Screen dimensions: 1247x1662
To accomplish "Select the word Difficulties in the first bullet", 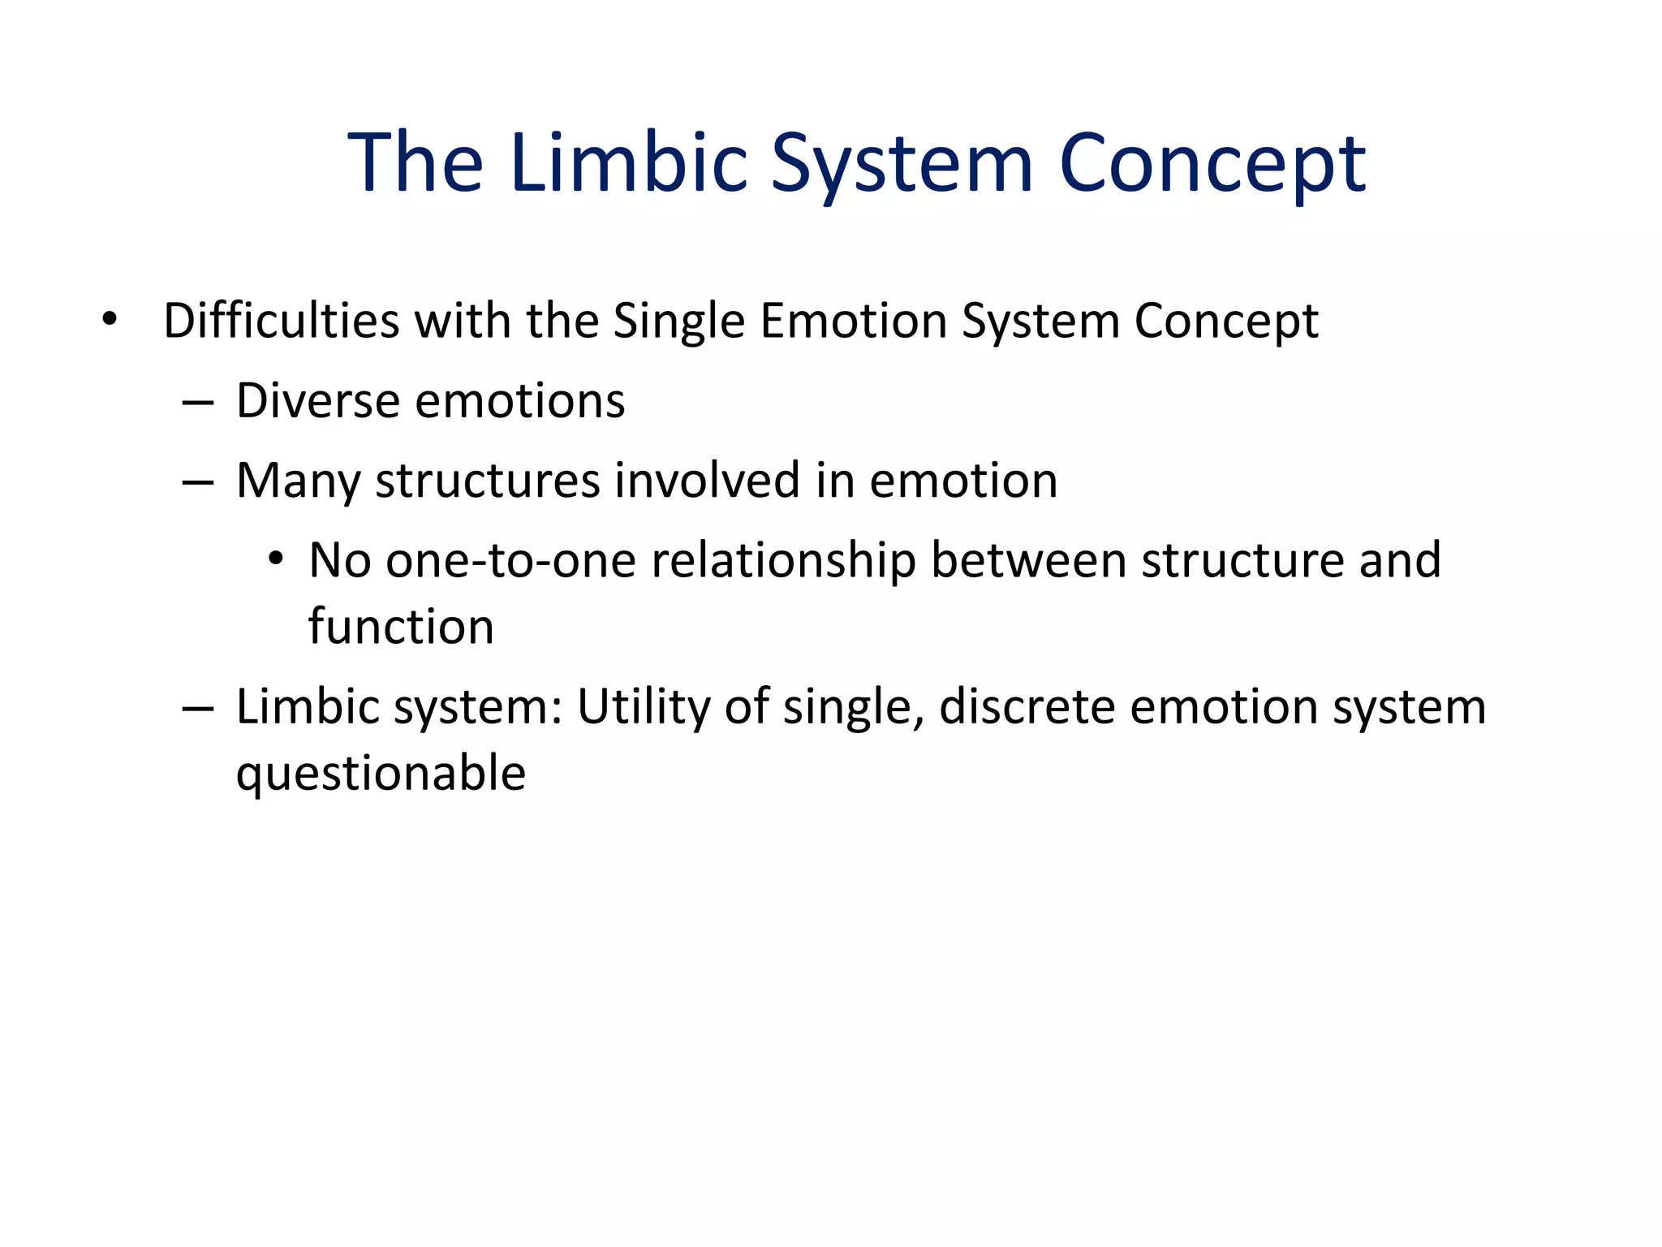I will click(x=282, y=320).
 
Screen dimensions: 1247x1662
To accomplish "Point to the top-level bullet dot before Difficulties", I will click(x=110, y=320).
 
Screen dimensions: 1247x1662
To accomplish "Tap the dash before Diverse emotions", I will click(x=198, y=402).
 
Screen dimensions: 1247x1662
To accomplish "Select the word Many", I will click(x=298, y=481).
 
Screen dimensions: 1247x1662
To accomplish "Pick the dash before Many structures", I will click(x=198, y=482).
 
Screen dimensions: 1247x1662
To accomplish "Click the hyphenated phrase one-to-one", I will click(x=510, y=560).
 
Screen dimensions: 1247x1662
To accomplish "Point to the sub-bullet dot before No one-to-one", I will click(x=276, y=559).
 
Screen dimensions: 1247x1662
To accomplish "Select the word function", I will click(x=401, y=627).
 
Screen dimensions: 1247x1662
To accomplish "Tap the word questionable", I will click(x=381, y=774).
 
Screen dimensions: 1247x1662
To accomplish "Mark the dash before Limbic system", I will click(x=198, y=708).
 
